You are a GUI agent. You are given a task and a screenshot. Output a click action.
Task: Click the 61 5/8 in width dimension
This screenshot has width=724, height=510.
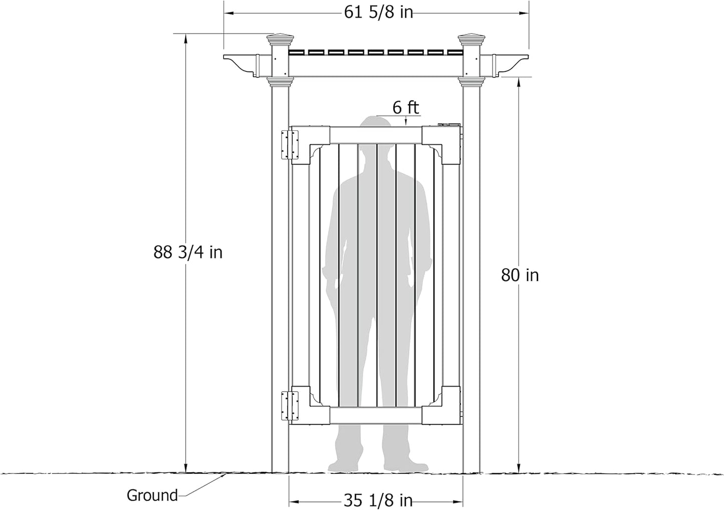[378, 13]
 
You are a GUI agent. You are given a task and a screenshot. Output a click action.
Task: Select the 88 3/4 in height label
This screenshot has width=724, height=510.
[188, 252]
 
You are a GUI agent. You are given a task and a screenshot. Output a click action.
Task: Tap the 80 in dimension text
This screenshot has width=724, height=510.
[520, 275]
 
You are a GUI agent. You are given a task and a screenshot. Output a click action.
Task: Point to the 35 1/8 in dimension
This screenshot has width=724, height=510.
[378, 500]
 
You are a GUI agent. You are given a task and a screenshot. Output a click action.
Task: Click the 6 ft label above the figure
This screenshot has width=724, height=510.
[405, 107]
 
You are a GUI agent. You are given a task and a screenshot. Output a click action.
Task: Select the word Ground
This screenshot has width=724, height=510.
[152, 495]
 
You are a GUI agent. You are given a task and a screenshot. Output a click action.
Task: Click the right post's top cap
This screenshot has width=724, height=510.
[471, 40]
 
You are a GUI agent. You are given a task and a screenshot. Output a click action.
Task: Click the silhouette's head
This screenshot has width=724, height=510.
[376, 130]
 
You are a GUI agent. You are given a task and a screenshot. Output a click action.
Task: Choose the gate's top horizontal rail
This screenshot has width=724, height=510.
[376, 135]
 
